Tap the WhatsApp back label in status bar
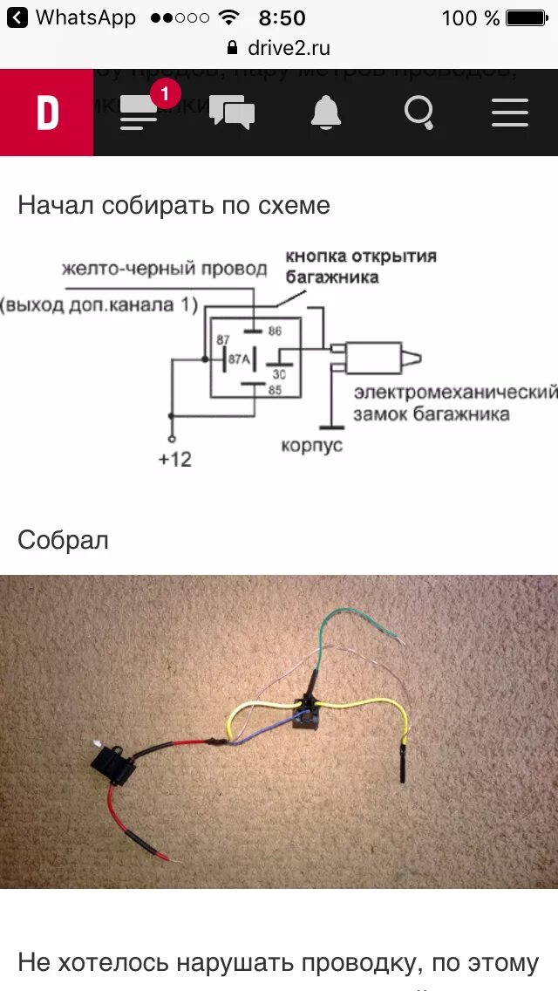(85, 17)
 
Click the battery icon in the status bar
(526, 17)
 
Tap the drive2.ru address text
(289, 47)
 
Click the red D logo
(47, 113)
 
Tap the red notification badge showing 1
(165, 93)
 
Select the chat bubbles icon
(232, 113)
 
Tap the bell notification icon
(326, 113)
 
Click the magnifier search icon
(419, 113)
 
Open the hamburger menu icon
(510, 113)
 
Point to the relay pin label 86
(276, 331)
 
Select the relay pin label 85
(275, 390)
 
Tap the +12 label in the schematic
(174, 459)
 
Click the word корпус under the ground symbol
(312, 446)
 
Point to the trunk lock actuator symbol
(375, 358)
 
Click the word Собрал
(63, 540)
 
